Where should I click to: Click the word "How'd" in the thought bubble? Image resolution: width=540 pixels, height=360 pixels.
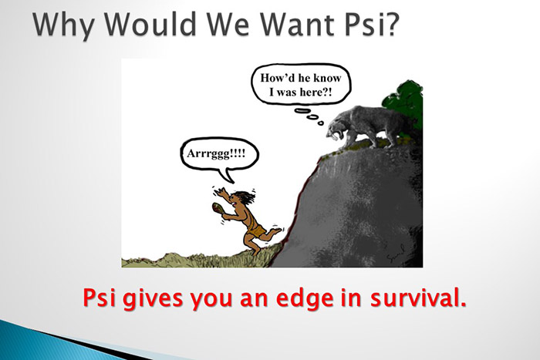pos(281,78)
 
